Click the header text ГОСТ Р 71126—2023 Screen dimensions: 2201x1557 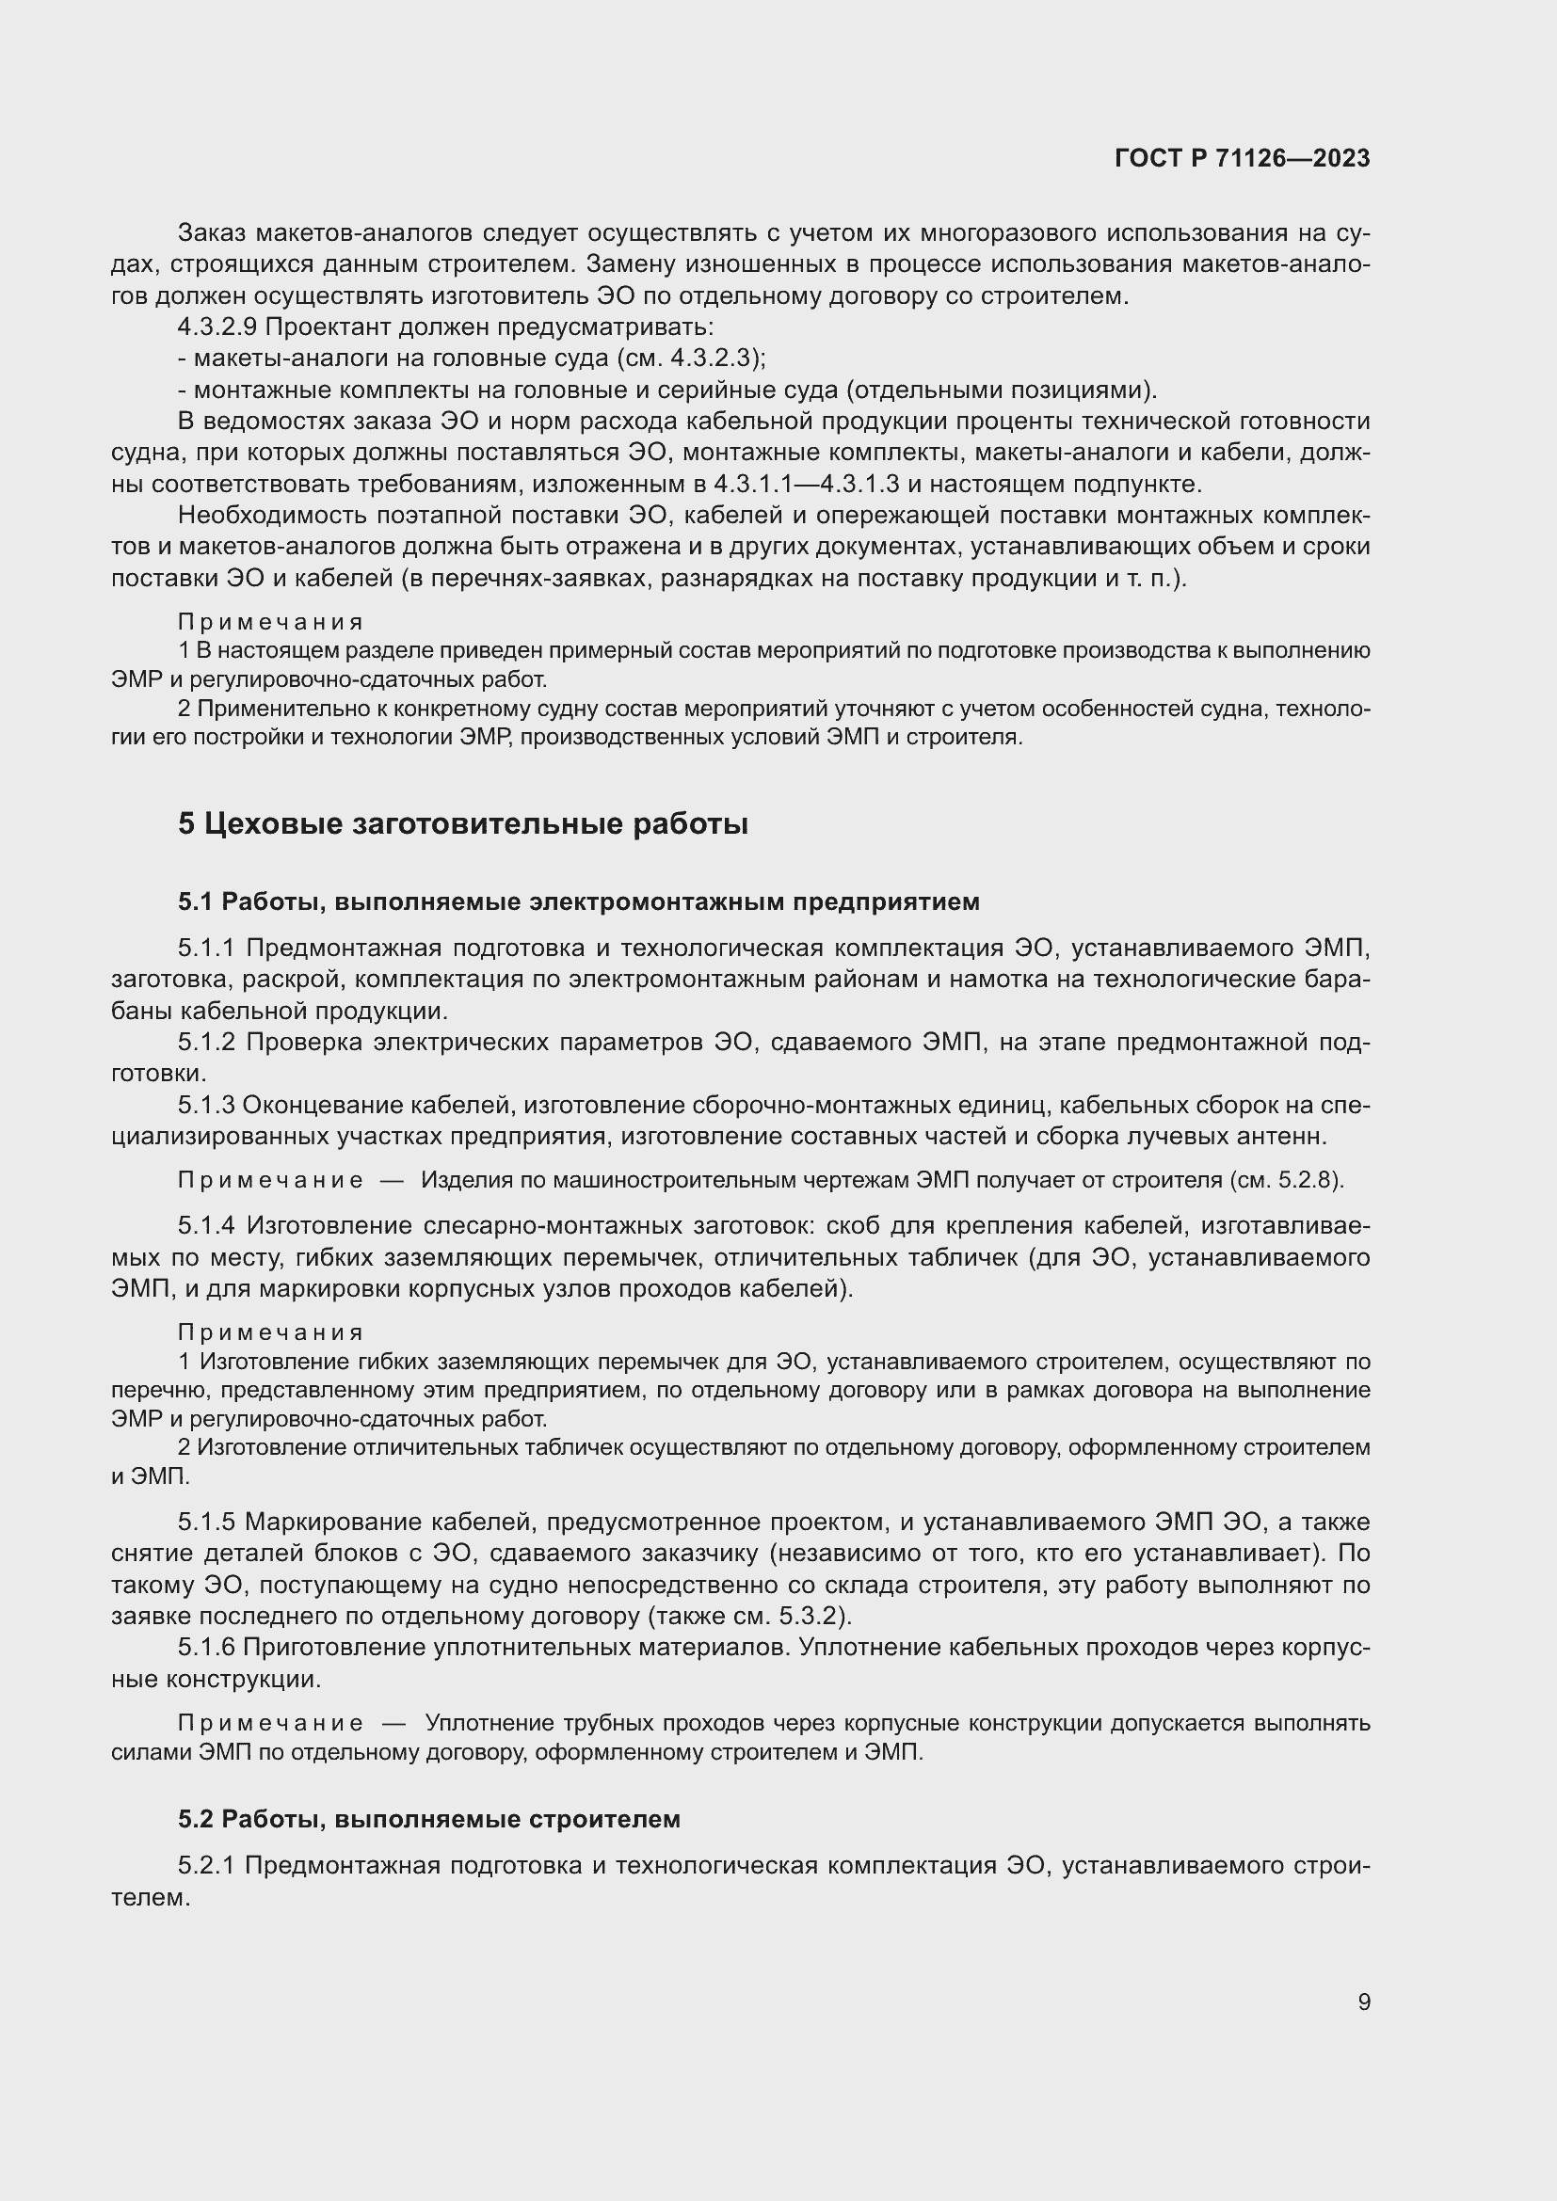click(1243, 158)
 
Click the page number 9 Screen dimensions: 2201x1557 click(1364, 2002)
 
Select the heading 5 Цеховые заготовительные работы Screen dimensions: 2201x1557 click(462, 823)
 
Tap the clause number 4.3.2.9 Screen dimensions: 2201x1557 click(217, 327)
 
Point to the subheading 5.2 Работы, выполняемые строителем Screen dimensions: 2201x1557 click(428, 1819)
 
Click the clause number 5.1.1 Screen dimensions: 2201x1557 click(206, 949)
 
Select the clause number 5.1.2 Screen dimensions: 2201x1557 click(206, 1042)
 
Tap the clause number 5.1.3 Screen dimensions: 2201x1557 click(206, 1106)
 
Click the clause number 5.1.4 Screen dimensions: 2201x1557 click(207, 1225)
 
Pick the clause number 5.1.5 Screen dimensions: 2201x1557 click(206, 1522)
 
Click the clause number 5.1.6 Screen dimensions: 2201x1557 click(206, 1647)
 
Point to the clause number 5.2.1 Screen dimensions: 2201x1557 click(206, 1865)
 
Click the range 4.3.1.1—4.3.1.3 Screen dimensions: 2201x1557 click(807, 483)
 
